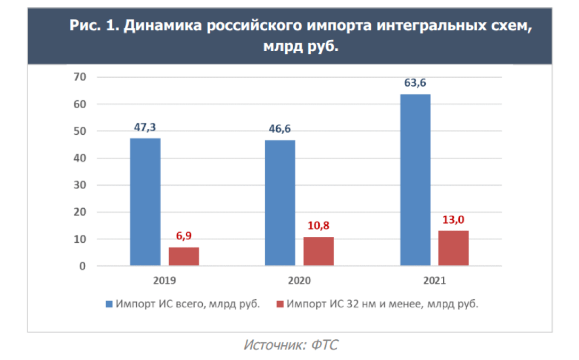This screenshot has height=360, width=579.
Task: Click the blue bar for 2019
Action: [x=145, y=202]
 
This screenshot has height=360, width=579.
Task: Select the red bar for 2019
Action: [x=184, y=256]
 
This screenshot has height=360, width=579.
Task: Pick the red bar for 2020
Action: [x=318, y=251]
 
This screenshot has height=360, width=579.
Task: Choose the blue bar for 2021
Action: [x=415, y=179]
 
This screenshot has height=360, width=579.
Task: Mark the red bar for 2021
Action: [x=453, y=248]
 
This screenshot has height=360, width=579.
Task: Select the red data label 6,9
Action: [x=184, y=236]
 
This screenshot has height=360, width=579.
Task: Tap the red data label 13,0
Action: [x=453, y=219]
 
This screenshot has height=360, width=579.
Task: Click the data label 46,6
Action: [x=280, y=129]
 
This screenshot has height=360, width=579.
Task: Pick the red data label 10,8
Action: [x=318, y=225]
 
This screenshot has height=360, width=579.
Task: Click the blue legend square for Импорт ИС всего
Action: [x=109, y=304]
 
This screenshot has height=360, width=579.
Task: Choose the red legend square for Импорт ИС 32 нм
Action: [x=279, y=304]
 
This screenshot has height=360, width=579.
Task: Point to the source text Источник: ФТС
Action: [x=290, y=345]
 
